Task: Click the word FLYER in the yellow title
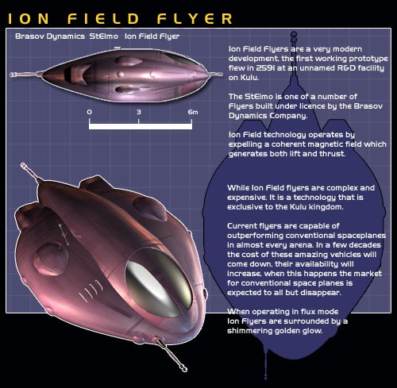[195, 19]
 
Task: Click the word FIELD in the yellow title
[103, 19]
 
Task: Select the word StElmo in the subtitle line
[104, 36]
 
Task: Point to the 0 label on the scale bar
[90, 112]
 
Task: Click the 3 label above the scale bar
[139, 112]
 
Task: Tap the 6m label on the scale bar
[193, 112]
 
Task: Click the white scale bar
[141, 126]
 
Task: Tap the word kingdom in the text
[329, 207]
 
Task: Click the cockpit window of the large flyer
[159, 282]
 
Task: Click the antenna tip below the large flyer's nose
[184, 368]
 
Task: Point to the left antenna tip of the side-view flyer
[12, 75]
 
